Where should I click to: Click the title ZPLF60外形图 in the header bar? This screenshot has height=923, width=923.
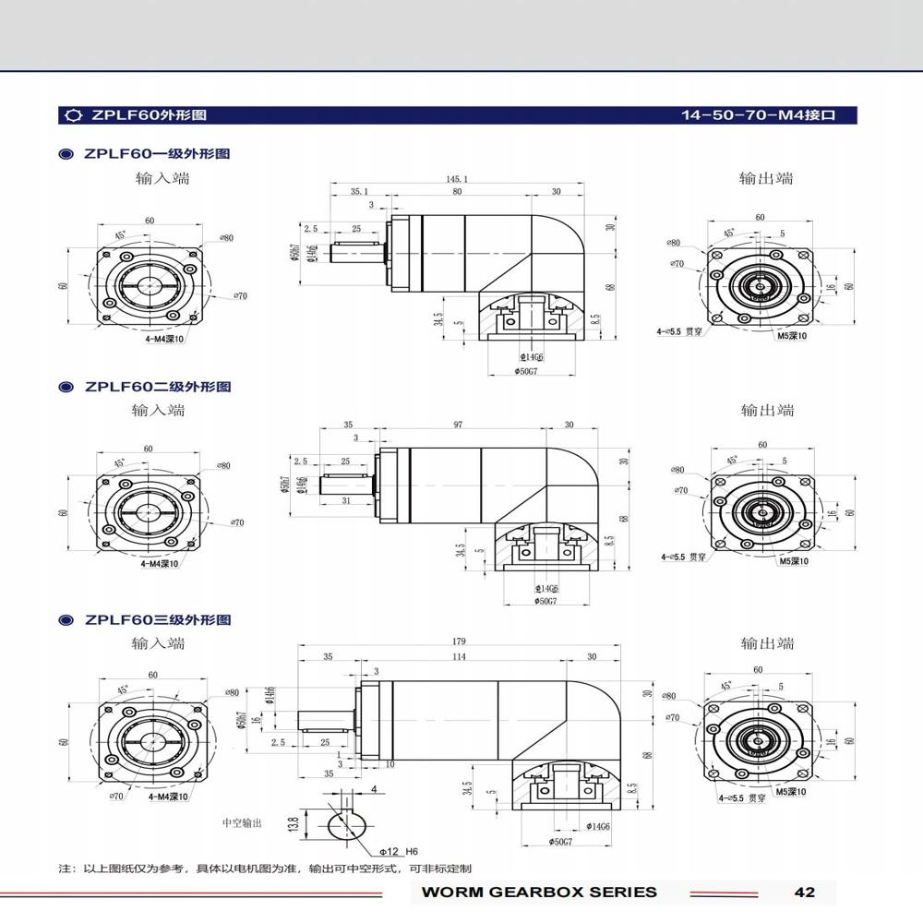tap(148, 115)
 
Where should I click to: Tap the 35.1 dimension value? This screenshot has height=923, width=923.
tap(359, 192)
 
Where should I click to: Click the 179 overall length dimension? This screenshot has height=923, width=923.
tap(459, 641)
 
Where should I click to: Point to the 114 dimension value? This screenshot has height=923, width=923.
tap(459, 657)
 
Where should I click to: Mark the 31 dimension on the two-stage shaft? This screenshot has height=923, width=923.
tap(346, 500)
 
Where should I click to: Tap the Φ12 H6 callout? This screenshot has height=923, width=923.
tap(399, 850)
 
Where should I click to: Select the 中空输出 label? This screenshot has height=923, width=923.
tap(242, 822)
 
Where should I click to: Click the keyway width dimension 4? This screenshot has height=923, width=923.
tap(374, 789)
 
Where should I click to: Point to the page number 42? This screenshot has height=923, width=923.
tap(804, 892)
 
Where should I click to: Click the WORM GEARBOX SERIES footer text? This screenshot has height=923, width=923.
tap(539, 892)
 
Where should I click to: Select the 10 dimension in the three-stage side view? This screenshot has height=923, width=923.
tap(390, 764)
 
